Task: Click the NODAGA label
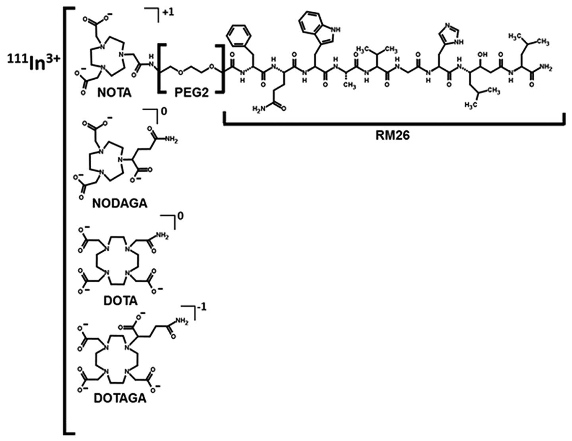(x=119, y=203)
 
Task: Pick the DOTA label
(x=120, y=300)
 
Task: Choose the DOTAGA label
(x=120, y=398)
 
